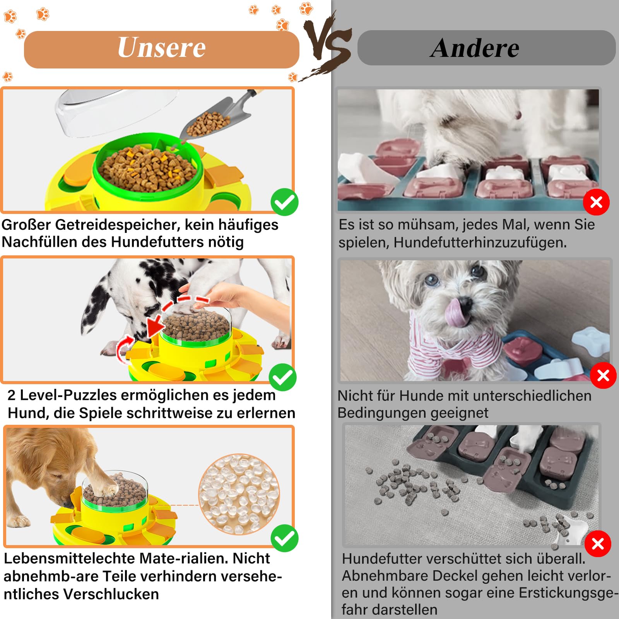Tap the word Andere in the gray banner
pos(475,48)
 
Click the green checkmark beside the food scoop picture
pos(284,202)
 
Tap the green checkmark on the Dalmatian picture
pos(283,377)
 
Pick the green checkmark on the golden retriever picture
pos(284,538)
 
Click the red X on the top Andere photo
pos(596,202)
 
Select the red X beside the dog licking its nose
pos(603,375)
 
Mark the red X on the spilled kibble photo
pos(598,544)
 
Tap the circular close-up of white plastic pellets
pos(239,494)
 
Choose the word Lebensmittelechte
pos(69,558)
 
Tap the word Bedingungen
pos(381,413)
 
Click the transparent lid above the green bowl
pos(116,112)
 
